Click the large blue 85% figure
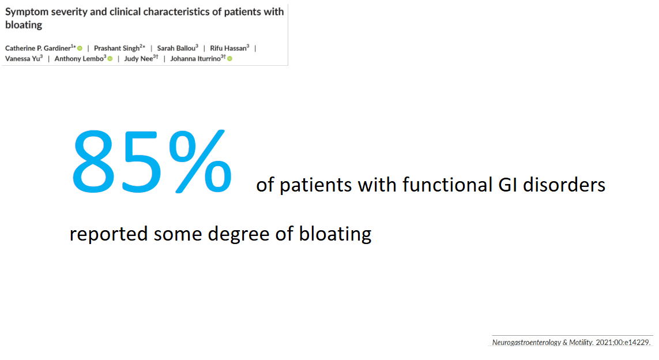click(152, 162)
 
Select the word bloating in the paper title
click(24, 25)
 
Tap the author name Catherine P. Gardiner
click(38, 48)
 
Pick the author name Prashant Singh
click(116, 48)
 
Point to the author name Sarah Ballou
click(176, 48)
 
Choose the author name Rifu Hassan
click(228, 48)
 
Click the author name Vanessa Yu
click(22, 58)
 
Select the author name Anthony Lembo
click(79, 58)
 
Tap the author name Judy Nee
click(138, 58)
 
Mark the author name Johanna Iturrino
click(195, 58)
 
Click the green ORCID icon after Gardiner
click(80, 48)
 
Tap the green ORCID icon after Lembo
click(110, 59)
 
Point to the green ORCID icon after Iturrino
click(230, 59)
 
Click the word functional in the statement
click(447, 185)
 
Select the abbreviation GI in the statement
click(508, 185)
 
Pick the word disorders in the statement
click(564, 185)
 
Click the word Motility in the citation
click(581, 342)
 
